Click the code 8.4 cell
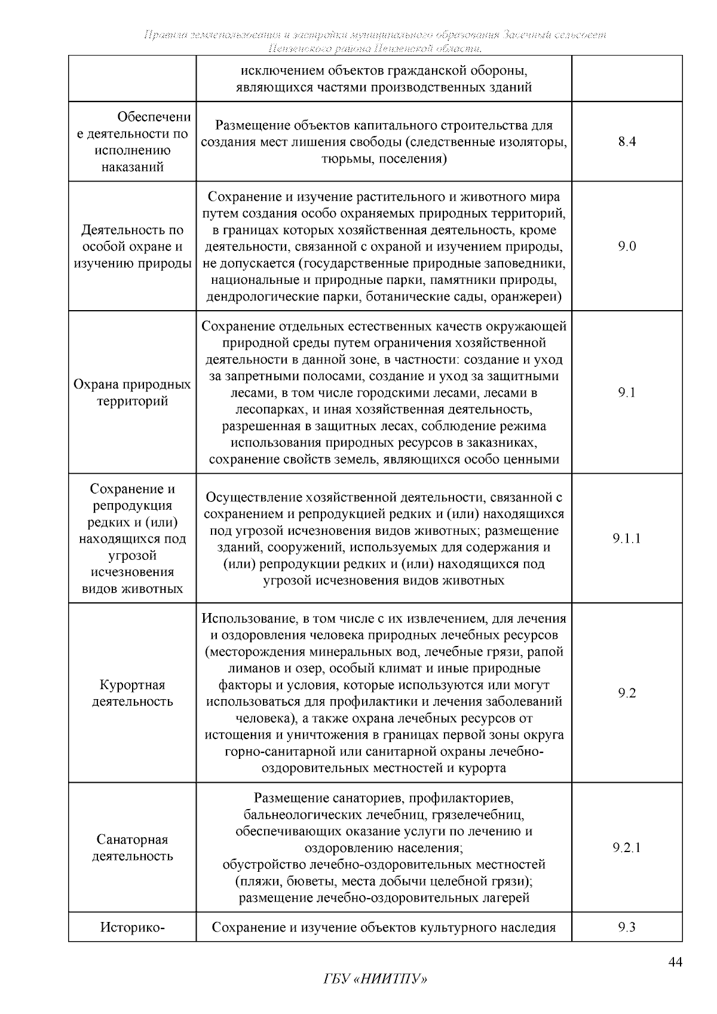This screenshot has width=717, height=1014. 627,142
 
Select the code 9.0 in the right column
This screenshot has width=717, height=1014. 627,246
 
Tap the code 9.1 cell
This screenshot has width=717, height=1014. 627,392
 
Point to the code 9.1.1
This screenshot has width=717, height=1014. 627,538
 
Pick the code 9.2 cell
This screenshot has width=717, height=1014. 627,693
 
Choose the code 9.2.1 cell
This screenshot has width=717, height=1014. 627,847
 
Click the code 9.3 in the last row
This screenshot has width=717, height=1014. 627,927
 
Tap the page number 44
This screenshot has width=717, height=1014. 675,962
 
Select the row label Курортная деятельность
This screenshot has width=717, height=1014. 132,693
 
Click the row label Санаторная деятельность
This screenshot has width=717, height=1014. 132,847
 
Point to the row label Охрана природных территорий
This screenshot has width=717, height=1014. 132,393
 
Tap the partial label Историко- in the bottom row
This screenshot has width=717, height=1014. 132,927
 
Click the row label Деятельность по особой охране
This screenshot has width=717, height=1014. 132,246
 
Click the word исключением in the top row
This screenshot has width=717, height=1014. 278,71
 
